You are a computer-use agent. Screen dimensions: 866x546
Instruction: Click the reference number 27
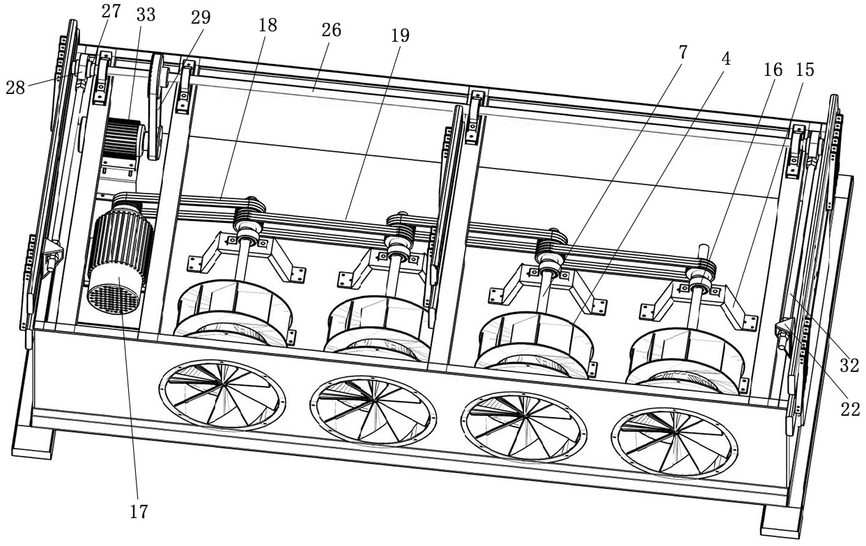click(111, 11)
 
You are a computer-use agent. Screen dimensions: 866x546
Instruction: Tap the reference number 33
click(146, 15)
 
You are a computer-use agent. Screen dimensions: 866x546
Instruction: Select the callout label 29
click(201, 17)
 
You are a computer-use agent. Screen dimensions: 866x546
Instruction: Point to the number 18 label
click(268, 26)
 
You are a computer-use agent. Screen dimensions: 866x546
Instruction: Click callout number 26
click(332, 30)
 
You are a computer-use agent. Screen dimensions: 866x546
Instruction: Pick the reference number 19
click(400, 36)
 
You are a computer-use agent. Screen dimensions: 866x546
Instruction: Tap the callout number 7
click(683, 52)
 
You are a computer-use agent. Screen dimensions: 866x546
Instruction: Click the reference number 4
click(726, 59)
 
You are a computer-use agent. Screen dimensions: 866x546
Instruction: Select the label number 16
click(773, 70)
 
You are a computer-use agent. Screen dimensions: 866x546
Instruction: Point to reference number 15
click(805, 70)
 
